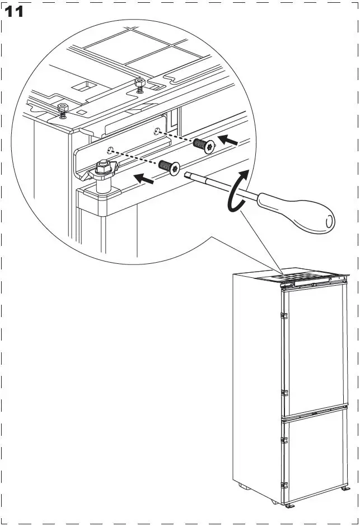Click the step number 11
click(15, 11)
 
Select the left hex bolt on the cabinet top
click(63, 108)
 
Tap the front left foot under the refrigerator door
click(289, 505)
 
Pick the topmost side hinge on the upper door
click(284, 318)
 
